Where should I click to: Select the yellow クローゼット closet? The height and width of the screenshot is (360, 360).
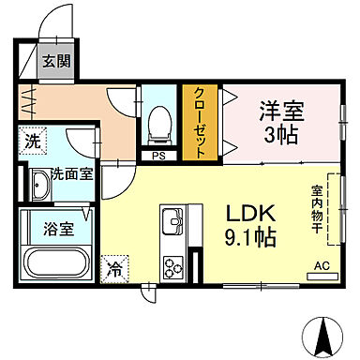199,122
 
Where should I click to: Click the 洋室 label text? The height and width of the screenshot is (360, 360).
279,109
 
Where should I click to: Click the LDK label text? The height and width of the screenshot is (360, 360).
247,213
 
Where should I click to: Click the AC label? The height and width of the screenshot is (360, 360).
322,265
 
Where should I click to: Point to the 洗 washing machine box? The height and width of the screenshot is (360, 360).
32,142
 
